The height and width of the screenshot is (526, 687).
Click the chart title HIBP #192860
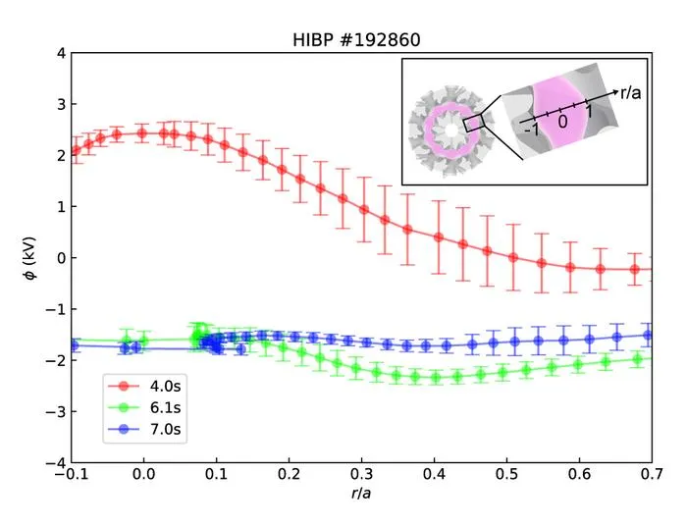pos(356,40)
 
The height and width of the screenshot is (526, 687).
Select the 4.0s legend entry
pos(144,386)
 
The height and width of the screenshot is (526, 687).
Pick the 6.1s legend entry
pos(144,407)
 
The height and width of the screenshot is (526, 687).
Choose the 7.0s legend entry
pos(144,429)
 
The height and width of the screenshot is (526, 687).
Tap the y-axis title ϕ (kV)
pos(30,258)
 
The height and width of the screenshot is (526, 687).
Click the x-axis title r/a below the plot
pos(361,494)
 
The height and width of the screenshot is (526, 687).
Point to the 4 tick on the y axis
pos(61,53)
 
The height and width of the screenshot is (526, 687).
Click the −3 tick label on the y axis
pos(55,412)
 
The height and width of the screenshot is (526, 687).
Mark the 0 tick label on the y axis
pos(61,258)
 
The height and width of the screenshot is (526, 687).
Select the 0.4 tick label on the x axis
pos(434,474)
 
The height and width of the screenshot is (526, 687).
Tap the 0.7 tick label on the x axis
pos(652,474)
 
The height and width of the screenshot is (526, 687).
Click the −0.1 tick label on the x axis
pos(72,474)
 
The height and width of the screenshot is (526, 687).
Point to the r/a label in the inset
pos(631,92)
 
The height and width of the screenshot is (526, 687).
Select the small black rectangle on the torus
pos(474,124)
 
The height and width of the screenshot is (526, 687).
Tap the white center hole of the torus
pos(450,131)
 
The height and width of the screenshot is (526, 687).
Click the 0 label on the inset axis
pos(562,122)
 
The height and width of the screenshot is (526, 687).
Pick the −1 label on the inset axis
pos(532,130)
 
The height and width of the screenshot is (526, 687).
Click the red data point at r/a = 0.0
pos(141,133)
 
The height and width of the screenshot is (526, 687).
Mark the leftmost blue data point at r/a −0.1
pos(74,345)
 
